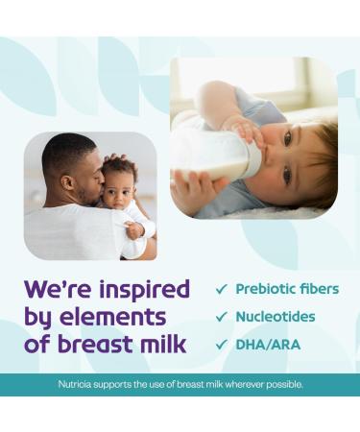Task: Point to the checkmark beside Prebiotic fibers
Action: coord(222,289)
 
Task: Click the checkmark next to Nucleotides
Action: coord(222,317)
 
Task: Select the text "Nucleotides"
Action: coord(276,317)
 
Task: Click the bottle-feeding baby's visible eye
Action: coord(287,138)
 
